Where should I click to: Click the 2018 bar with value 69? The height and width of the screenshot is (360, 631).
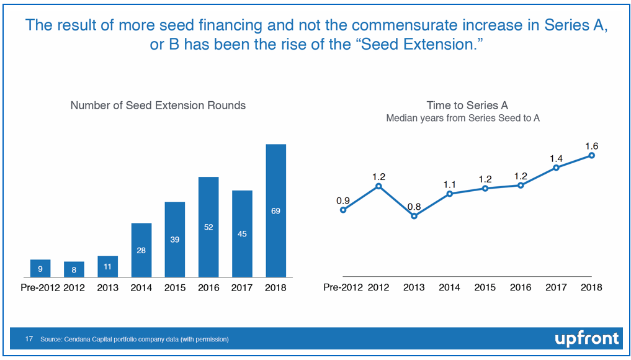point(275,210)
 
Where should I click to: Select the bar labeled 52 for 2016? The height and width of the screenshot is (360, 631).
point(208,227)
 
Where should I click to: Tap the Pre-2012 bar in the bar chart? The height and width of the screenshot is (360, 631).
point(40,268)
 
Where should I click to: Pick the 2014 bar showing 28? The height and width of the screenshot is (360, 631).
point(141,250)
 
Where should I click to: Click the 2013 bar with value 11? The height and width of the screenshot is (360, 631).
point(107,266)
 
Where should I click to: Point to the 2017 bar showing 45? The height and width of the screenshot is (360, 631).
point(242,233)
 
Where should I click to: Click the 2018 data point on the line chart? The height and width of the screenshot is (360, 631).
point(592,155)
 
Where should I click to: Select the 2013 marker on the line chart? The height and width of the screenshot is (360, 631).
point(414,216)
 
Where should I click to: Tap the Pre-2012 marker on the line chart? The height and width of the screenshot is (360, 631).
point(343,210)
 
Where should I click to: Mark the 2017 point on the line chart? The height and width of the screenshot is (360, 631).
point(557,167)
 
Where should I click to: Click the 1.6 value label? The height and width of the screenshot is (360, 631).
point(591,146)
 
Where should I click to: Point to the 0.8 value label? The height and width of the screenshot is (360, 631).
point(414,207)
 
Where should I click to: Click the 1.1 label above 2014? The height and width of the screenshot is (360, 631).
point(450,184)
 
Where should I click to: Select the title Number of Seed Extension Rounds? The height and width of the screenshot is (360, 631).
point(158,106)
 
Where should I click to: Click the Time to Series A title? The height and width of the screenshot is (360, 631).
point(467,106)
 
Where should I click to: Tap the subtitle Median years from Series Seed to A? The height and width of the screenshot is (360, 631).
point(463,118)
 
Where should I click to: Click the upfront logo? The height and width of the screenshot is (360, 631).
point(586,338)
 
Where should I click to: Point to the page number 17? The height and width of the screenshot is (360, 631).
point(29,340)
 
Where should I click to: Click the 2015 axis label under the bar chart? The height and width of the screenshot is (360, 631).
point(175,287)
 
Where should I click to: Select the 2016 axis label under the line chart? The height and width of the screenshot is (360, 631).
point(521,287)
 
